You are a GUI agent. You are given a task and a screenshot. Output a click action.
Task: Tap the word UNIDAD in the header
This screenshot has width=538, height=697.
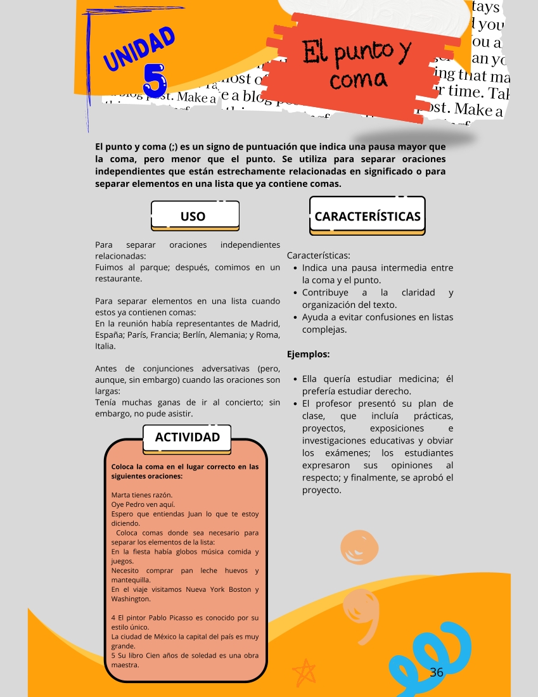(139, 49)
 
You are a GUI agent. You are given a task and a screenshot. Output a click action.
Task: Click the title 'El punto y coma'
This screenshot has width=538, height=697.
(357, 65)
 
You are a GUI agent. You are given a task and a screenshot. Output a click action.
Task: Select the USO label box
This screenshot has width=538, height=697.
(193, 215)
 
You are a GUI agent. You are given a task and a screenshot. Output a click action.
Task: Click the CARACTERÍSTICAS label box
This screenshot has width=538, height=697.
(368, 216)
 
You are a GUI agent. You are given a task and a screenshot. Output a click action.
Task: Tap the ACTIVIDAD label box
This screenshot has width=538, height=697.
(188, 437)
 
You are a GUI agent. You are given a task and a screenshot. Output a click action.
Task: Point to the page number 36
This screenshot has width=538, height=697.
(437, 672)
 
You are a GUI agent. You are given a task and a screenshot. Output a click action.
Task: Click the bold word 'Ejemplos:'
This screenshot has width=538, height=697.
(309, 354)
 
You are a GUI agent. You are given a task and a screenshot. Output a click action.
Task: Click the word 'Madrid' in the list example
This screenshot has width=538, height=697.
(266, 324)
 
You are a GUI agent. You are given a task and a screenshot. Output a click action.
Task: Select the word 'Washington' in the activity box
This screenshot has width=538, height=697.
(131, 598)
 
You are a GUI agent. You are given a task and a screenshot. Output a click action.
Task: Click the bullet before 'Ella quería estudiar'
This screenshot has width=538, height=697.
(296, 380)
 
